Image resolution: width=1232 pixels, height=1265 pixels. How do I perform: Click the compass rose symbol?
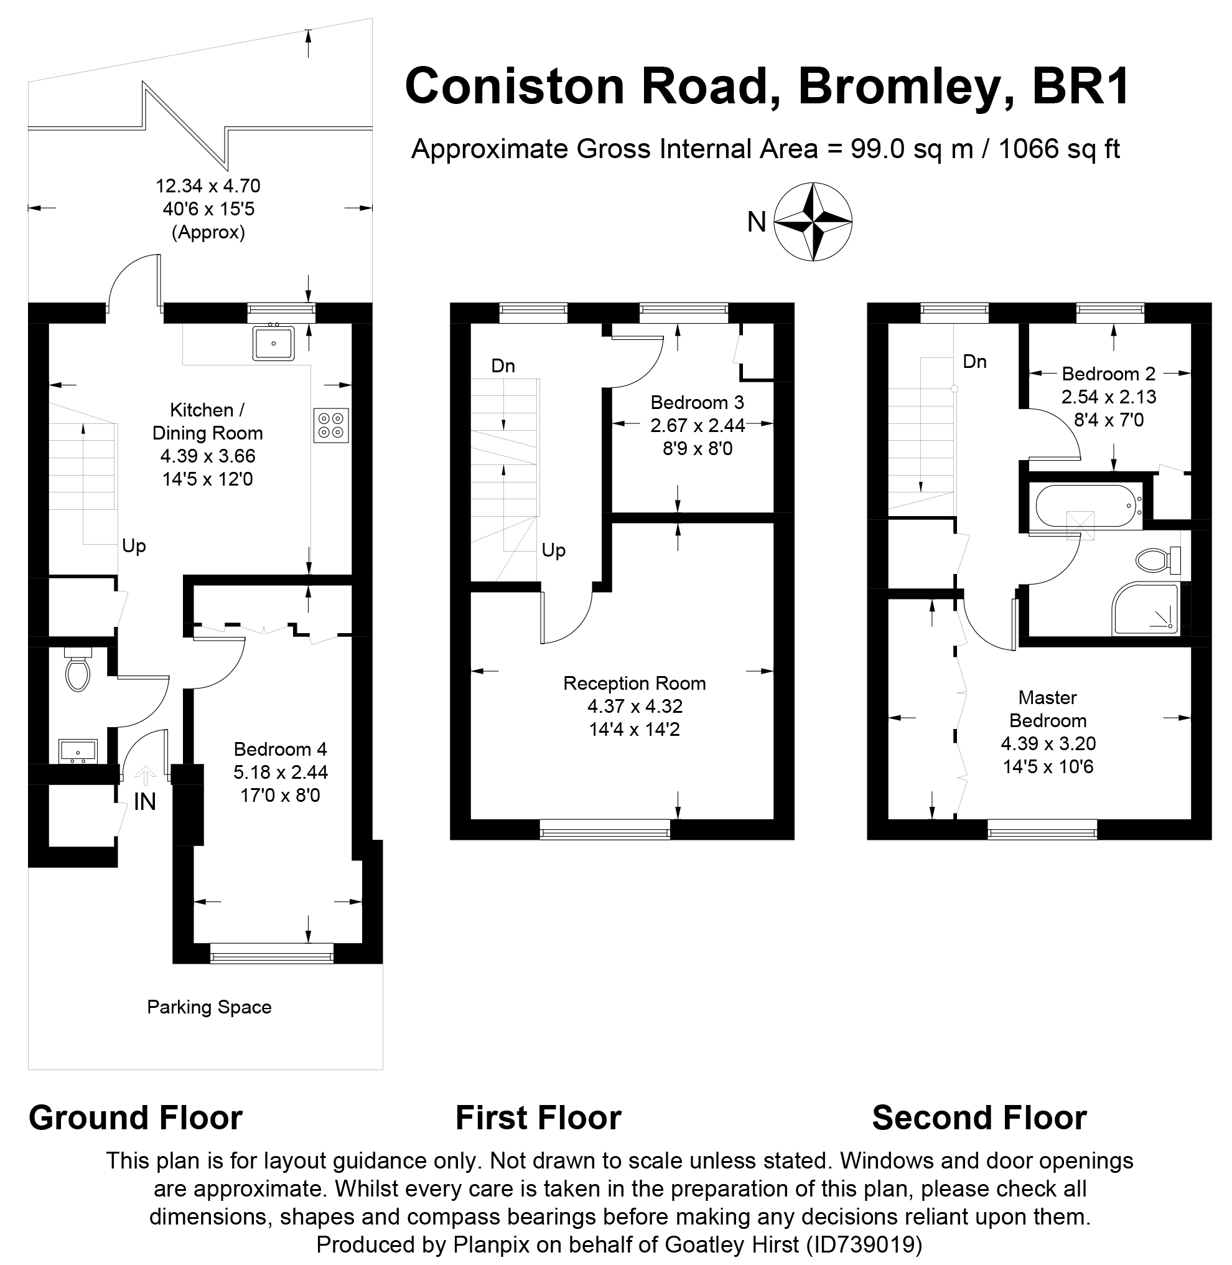(x=813, y=222)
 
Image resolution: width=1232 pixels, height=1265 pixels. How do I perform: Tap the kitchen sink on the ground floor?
(x=274, y=343)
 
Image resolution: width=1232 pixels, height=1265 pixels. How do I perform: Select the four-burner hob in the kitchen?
(x=331, y=425)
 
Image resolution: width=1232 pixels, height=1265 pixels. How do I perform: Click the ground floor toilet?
(x=78, y=674)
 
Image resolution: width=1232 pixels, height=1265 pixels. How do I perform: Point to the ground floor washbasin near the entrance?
(x=78, y=751)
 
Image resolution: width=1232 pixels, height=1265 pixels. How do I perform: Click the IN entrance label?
(x=145, y=802)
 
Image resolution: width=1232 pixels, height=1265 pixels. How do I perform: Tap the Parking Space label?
(x=209, y=1007)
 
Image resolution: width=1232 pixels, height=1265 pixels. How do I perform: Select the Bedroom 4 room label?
(x=280, y=749)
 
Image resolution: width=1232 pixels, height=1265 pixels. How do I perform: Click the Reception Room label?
(x=634, y=683)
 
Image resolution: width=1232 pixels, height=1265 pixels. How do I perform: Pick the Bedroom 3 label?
(x=697, y=403)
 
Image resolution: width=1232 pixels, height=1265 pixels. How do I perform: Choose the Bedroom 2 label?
(x=1108, y=374)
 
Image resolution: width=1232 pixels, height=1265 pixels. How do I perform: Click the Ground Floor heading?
(x=135, y=1118)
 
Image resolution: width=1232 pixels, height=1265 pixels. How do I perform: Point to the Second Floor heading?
(x=979, y=1118)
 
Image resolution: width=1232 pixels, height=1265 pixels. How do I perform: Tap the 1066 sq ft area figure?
(x=1059, y=149)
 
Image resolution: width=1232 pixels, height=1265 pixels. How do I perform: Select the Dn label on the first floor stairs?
(x=503, y=366)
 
